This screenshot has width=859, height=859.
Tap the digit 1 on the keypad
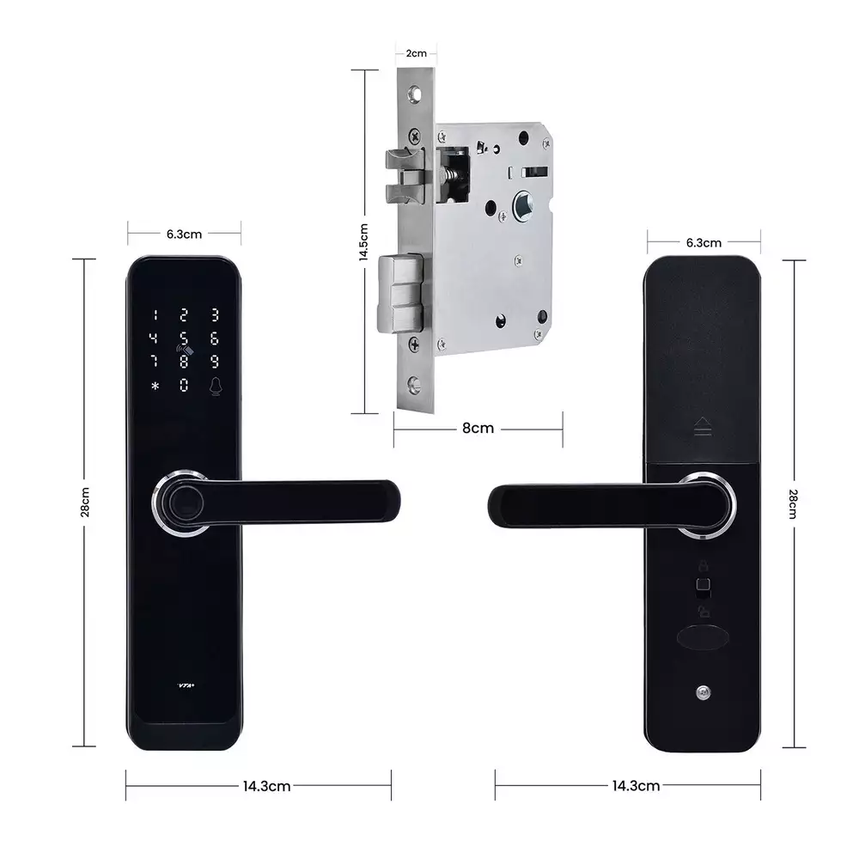coord(155,315)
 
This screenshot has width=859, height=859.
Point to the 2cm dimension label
coord(416,53)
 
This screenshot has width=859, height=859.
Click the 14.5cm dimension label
coord(363,242)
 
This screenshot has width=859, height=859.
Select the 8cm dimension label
coord(478,428)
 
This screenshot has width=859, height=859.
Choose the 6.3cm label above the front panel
coord(185,232)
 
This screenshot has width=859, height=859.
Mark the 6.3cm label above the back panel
coord(704,243)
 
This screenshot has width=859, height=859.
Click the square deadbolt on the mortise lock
coord(400,293)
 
